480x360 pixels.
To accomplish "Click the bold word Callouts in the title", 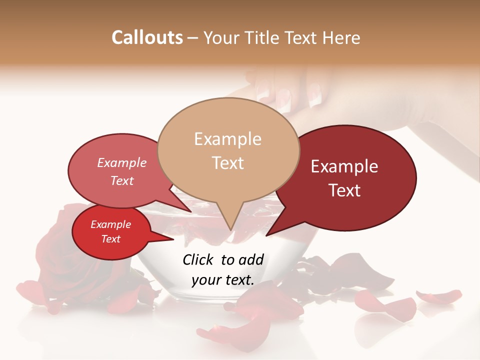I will (147, 37).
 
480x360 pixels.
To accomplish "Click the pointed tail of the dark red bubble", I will (268, 234).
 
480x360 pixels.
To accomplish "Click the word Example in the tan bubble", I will (227, 139).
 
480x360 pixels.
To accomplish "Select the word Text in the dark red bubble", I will (345, 190).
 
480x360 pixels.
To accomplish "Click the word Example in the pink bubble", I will (122, 163).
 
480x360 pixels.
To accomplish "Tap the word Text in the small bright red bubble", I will (111, 239).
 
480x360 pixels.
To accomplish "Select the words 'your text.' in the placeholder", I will (222, 280).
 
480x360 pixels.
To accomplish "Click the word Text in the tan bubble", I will (228, 163).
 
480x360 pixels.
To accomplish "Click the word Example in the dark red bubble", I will (344, 166).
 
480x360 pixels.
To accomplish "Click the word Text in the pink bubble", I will (122, 180).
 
